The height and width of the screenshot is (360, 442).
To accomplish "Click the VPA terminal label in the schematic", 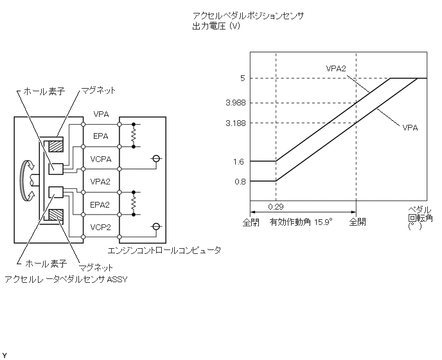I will coord(101,114).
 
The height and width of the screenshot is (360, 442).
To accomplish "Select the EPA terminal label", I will coord(101,136).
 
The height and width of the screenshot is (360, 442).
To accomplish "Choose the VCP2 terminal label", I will coord(101,227).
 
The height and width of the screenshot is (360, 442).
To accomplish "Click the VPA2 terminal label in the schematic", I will coord(101,182).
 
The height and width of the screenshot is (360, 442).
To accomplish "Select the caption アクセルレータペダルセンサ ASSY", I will coord(62,279).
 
